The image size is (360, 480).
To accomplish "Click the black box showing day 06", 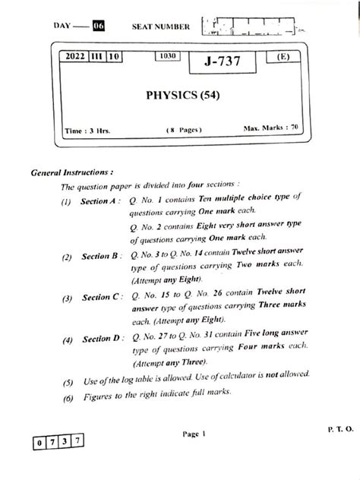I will pyautogui.click(x=98, y=27).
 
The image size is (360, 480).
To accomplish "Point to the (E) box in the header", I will pyautogui.click(x=283, y=57).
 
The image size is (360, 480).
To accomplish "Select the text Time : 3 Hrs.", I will pyautogui.click(x=88, y=131).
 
